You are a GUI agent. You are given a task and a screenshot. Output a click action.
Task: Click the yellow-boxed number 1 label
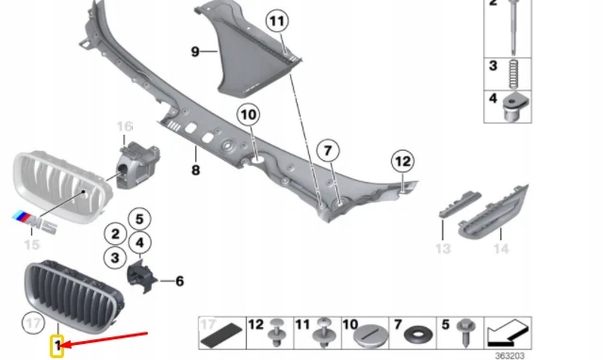pos(57,346)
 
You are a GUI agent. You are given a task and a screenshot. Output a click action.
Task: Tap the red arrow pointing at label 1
pos(105,339)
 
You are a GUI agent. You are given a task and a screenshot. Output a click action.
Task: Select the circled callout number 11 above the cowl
pos(277,21)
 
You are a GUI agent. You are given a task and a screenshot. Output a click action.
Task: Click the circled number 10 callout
pos(249,115)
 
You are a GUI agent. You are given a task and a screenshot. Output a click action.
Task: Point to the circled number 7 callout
pos(328,151)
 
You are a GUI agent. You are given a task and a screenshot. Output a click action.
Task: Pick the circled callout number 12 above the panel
pos(402,161)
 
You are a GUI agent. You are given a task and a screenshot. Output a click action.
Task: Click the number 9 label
pos(195,52)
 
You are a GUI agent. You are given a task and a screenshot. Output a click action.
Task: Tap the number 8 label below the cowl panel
pos(196,170)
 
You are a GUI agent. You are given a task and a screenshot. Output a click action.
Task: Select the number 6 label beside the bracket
pos(180,281)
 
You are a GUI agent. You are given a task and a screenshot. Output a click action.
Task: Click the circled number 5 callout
pos(139,219)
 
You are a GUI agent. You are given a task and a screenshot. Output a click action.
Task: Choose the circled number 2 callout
pos(115,234)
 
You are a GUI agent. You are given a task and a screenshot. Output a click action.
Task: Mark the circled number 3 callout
pos(115,257)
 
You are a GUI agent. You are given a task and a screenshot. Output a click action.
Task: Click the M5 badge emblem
pos(34,222)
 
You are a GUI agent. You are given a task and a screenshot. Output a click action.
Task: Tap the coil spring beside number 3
pos(513,74)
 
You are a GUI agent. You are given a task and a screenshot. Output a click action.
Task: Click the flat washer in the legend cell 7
pos(418,335)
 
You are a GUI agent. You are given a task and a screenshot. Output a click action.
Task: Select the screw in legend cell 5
pos(464,333)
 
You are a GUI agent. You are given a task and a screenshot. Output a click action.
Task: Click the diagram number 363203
pos(510,356)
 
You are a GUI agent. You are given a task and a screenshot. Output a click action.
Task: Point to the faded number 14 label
pos(501,249)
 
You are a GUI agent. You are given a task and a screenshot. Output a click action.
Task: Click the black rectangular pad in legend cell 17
pos(221,335)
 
